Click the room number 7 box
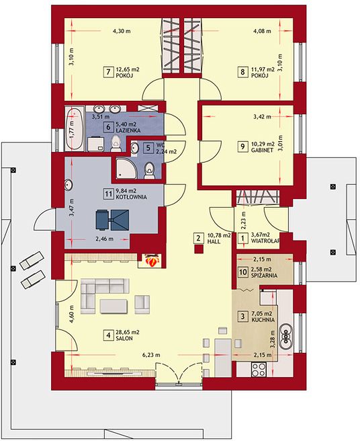108,72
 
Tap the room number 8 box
242,72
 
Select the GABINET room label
262,150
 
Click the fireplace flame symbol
152,260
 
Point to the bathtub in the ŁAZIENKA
75,129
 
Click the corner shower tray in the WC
126,168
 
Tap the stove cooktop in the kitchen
259,369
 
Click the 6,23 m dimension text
151,355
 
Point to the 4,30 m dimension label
122,31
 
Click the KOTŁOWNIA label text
131,197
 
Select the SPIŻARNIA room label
264,276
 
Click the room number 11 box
108,194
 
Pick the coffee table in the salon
114,306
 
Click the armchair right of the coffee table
142,304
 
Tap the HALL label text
214,241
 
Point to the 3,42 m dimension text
262,117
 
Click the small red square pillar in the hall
199,249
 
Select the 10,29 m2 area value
263,145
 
